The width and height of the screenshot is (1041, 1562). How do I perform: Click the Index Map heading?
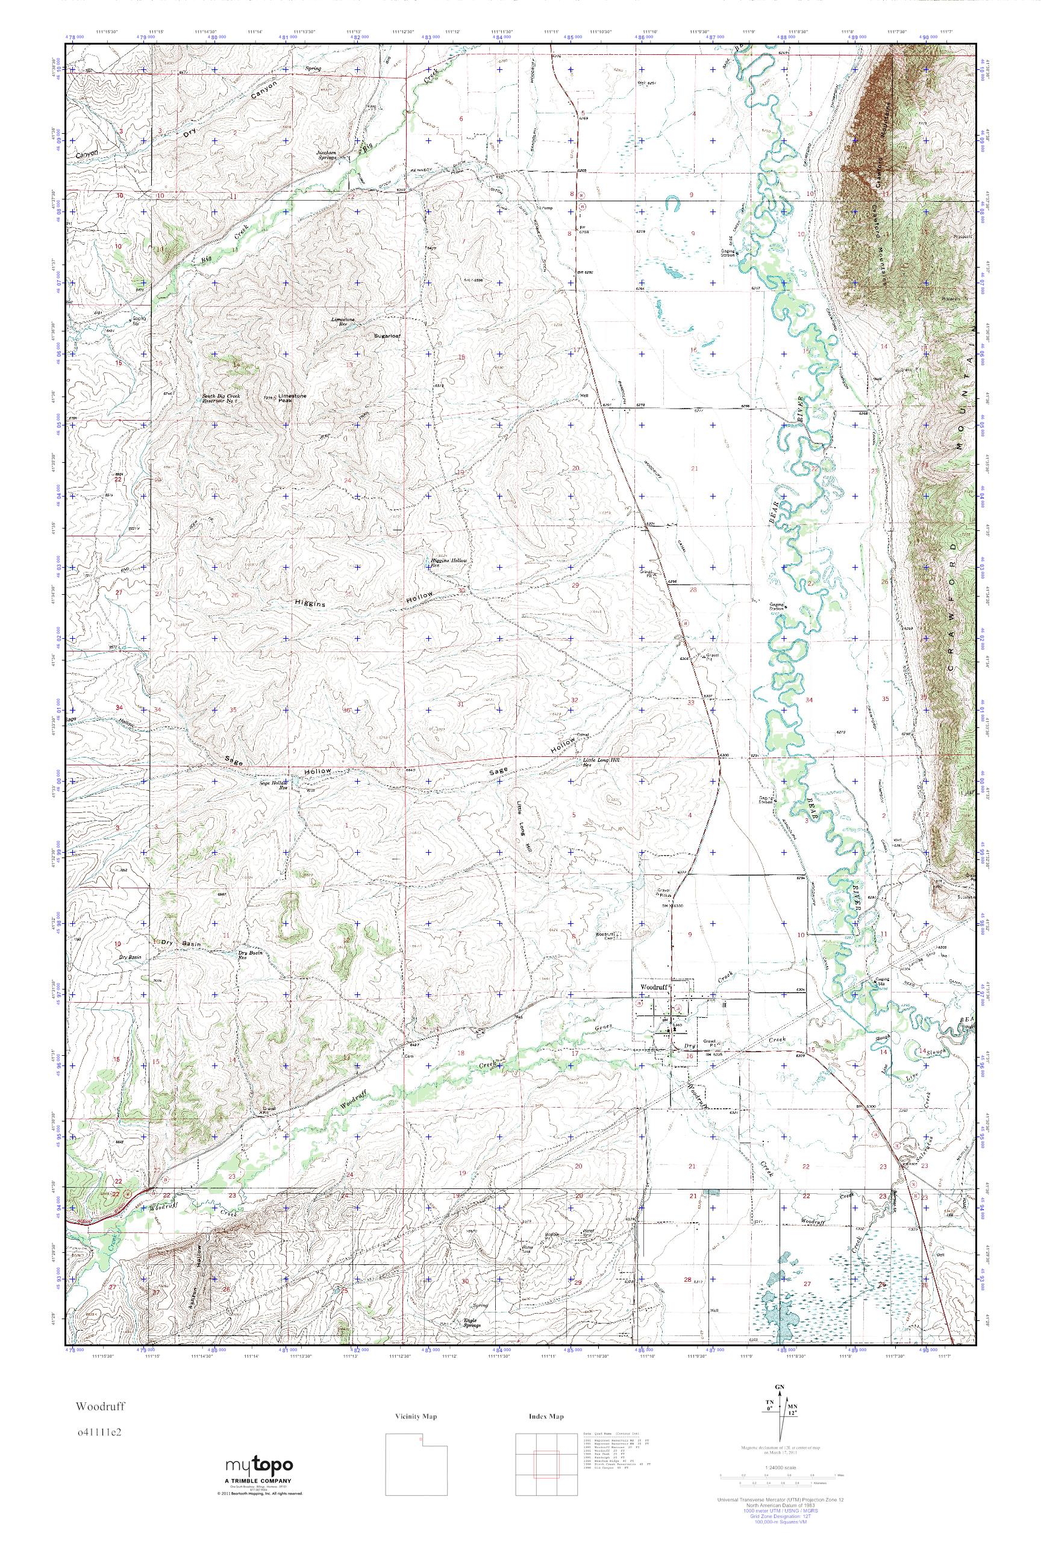coord(546,1411)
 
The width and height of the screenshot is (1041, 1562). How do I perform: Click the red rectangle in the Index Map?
coord(546,1460)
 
